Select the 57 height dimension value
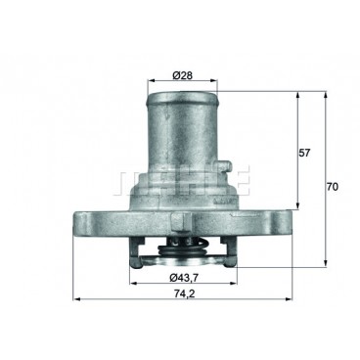coord(306,154)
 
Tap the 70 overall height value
coord(333,186)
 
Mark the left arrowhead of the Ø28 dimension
coord(149,82)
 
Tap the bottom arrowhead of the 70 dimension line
coord(326,268)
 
